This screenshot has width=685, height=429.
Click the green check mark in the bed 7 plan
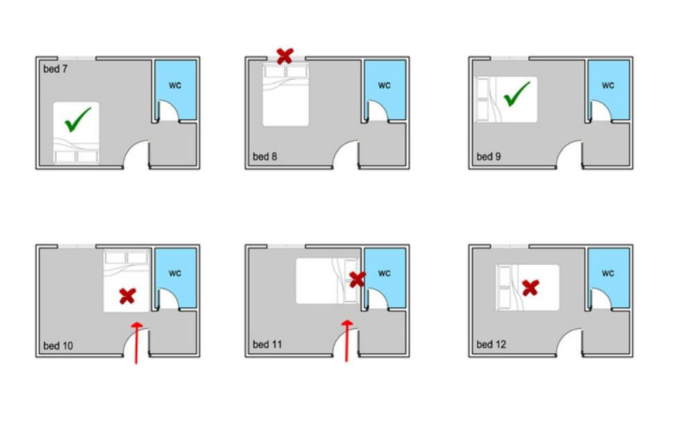click(x=78, y=119)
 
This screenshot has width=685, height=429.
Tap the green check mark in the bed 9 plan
click(x=517, y=94)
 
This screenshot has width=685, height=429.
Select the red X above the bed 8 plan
click(x=285, y=56)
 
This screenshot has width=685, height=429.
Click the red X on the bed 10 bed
click(x=127, y=296)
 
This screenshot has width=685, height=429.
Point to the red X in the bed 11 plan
click(x=357, y=279)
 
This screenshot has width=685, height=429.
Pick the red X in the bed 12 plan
click(x=531, y=288)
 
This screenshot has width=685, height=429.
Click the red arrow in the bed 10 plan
click(x=136, y=343)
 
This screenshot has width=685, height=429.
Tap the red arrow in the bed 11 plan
click(x=347, y=341)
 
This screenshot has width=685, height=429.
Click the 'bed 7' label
click(x=55, y=69)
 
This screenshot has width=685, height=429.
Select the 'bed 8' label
click(x=265, y=157)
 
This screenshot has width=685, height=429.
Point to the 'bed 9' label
click(x=488, y=157)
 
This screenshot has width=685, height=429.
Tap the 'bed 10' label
click(x=58, y=346)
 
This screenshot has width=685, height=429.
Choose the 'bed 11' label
click(x=267, y=344)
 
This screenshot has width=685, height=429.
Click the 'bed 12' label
click(x=491, y=344)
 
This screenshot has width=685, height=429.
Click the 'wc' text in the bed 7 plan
click(x=175, y=85)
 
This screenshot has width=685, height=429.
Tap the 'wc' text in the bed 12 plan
click(x=607, y=273)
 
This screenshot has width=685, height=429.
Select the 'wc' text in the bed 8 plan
click(x=384, y=85)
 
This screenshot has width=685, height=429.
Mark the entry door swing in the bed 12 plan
click(x=566, y=336)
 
